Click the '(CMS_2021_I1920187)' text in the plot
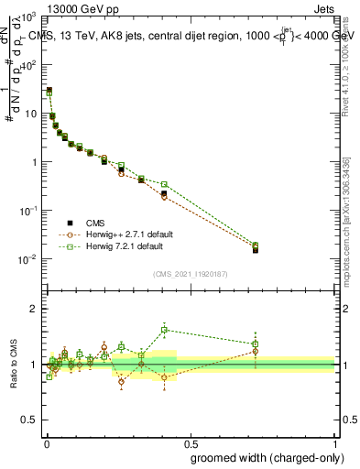click(x=190, y=273)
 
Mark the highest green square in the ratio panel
click(x=164, y=330)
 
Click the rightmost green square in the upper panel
click(x=256, y=245)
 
